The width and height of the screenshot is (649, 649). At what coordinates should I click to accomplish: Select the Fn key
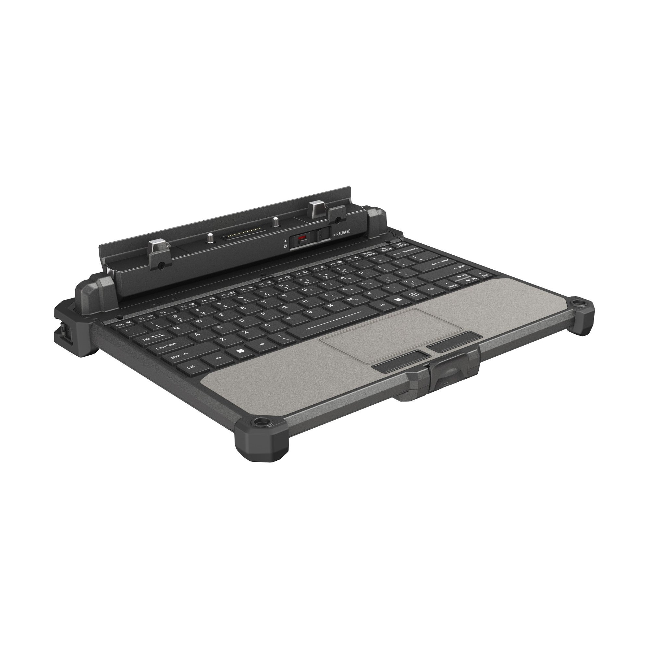219,358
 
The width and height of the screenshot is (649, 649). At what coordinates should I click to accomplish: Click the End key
485,276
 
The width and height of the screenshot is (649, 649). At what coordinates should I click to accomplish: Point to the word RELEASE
343,231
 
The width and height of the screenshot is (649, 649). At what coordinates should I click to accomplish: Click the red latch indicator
302,239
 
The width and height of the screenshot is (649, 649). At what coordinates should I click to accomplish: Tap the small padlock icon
286,246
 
